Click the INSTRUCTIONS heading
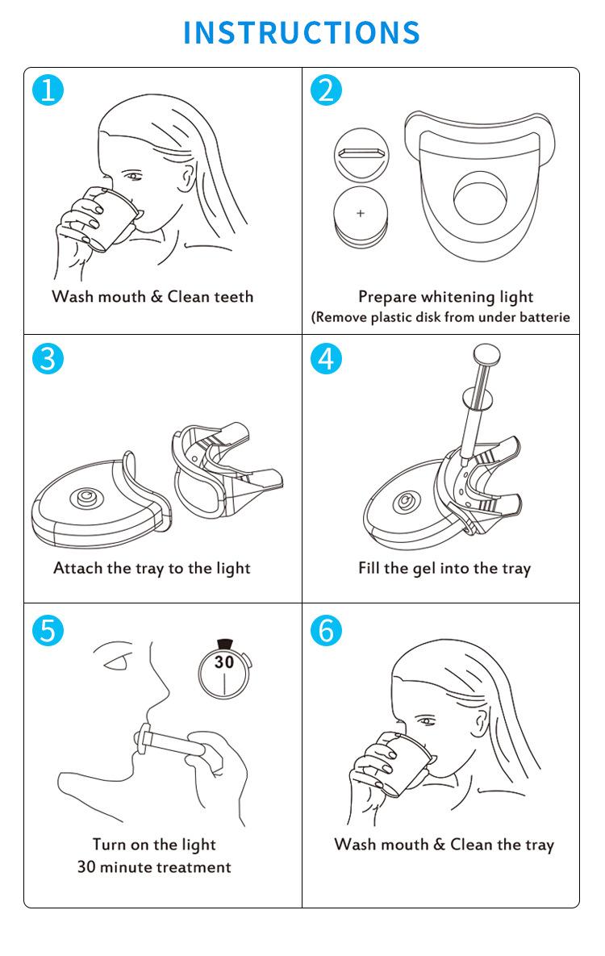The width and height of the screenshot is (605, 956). pos(302,33)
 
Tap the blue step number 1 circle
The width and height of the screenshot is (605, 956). pos(48,90)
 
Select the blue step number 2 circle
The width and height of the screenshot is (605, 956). pos(326,90)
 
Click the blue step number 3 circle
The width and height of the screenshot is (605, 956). pos(48,358)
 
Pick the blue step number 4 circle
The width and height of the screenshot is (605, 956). pos(326,358)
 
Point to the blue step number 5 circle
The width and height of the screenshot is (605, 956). pos(48,630)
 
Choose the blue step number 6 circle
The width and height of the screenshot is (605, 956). pos(326,630)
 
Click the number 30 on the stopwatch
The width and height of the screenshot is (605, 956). pos(223,662)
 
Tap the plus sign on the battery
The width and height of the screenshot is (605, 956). pos(361,214)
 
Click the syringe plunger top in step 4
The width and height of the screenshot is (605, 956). pos(486,352)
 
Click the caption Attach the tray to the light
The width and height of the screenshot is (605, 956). pos(152,569)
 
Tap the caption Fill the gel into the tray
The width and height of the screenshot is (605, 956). pos(444,569)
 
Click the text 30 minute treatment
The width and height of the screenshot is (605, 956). pos(154,867)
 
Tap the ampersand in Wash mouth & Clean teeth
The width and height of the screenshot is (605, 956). pos(156,297)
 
